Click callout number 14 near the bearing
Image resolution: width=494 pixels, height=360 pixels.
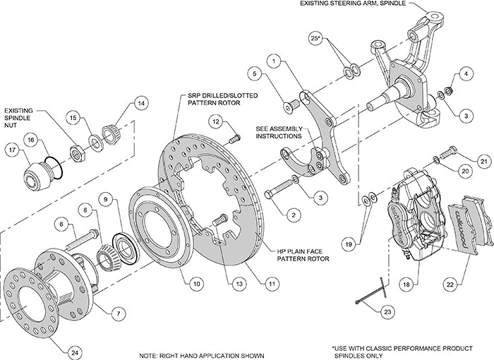(x=142, y=104)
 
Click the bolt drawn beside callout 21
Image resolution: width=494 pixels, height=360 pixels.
(x=446, y=152)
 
